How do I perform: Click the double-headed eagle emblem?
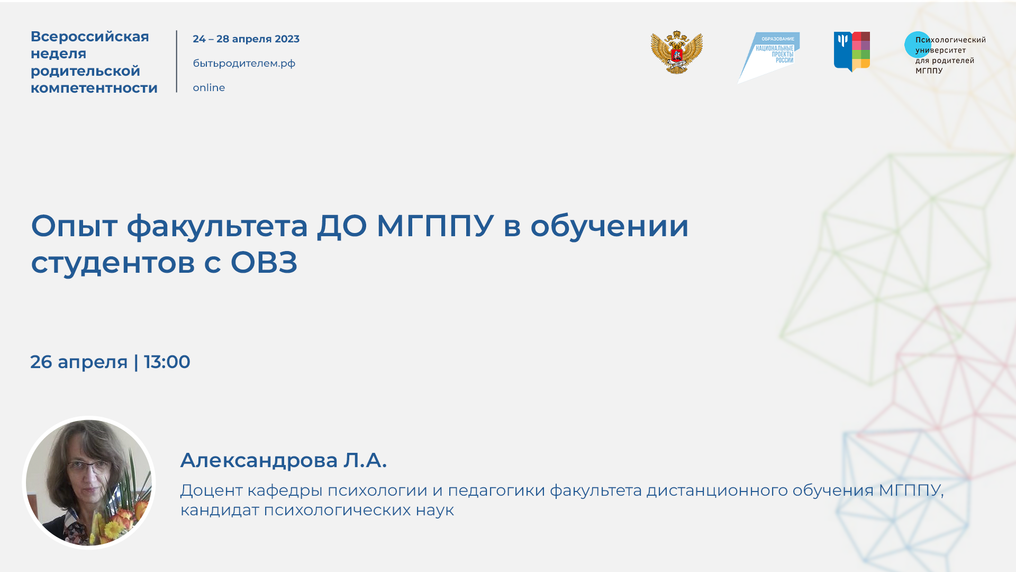click(x=676, y=52)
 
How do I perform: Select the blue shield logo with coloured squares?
click(x=851, y=51)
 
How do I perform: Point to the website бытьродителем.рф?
click(x=244, y=64)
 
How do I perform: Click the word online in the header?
click(x=208, y=88)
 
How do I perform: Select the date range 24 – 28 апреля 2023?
click(x=246, y=39)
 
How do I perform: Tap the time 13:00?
click(x=167, y=362)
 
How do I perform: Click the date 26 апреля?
click(x=79, y=362)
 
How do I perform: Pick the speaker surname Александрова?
click(x=259, y=460)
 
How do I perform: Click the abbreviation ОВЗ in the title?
click(x=264, y=262)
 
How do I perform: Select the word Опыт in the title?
click(x=74, y=226)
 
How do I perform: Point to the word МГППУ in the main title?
click(x=435, y=226)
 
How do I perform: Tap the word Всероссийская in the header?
click(x=90, y=37)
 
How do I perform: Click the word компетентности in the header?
click(x=94, y=88)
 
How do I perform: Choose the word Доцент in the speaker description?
click(x=211, y=490)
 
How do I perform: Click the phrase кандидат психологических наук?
click(x=317, y=510)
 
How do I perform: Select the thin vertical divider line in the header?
click(x=177, y=61)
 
